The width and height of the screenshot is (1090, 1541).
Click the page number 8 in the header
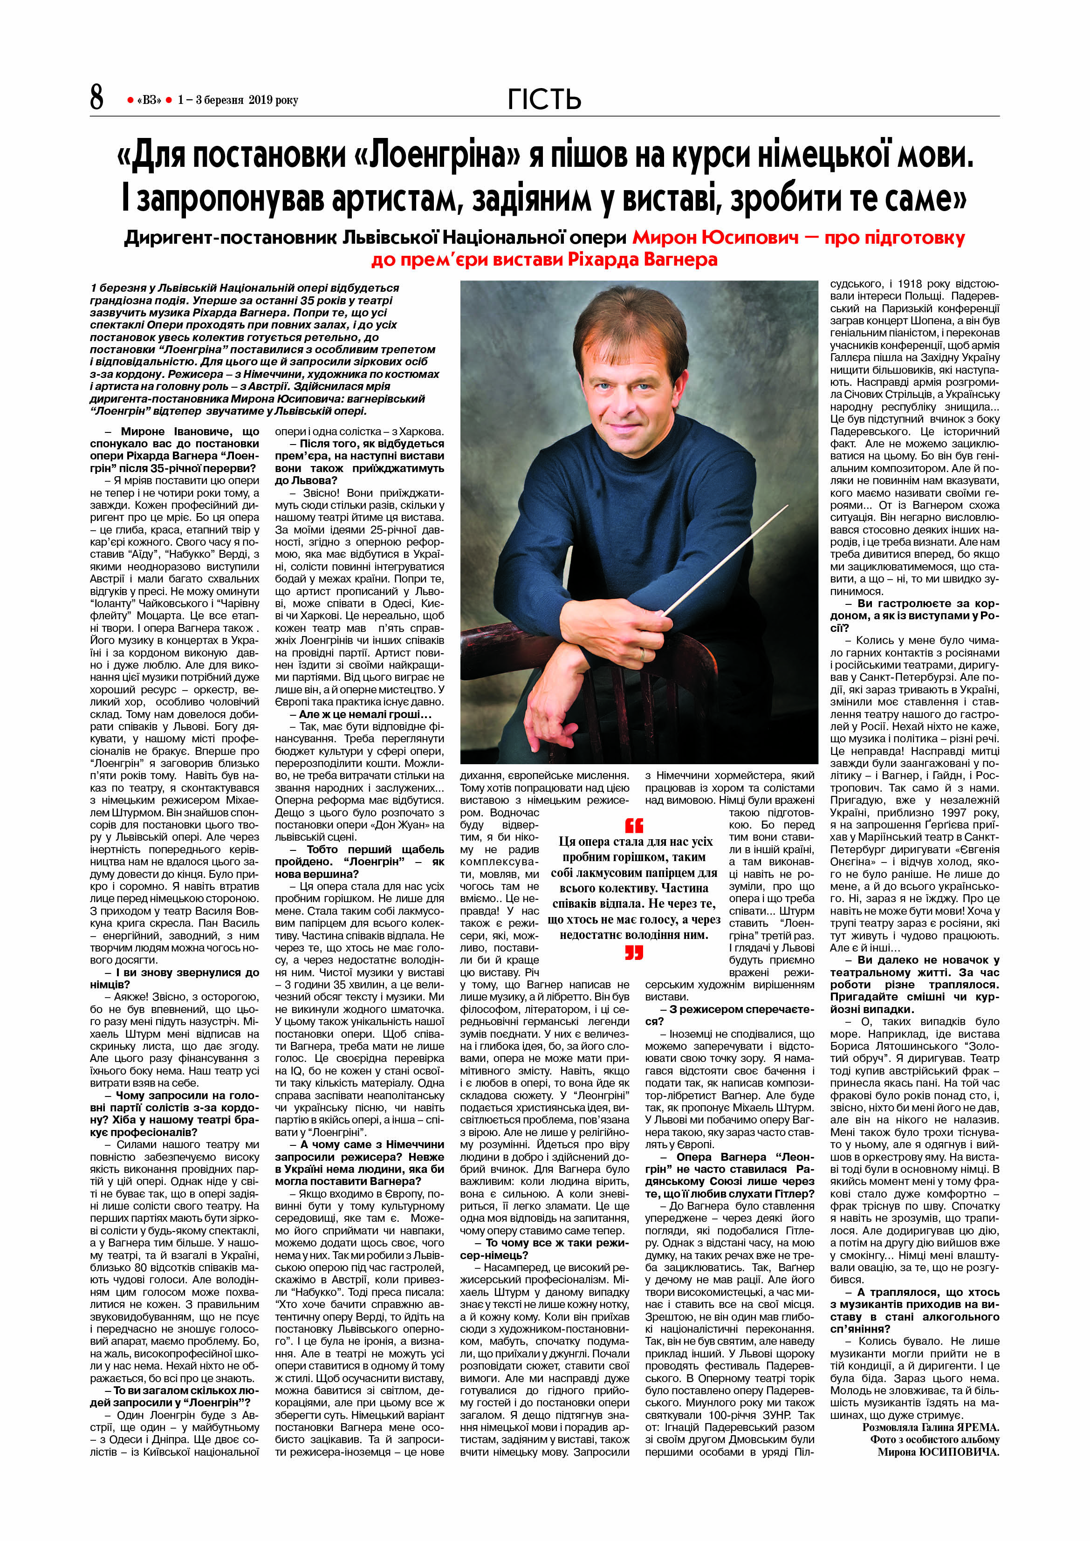pyautogui.click(x=96, y=97)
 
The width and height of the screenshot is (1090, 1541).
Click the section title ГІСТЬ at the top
pyautogui.click(x=544, y=99)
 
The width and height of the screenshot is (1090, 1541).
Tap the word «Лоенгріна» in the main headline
pyautogui.click(x=436, y=155)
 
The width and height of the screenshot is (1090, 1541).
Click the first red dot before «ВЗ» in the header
pyautogui.click(x=130, y=100)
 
